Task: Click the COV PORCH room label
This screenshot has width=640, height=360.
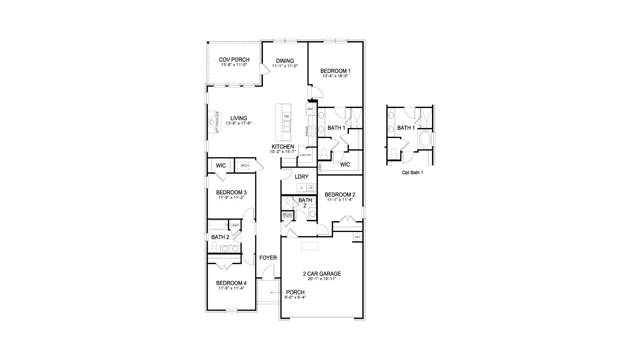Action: coord(234,60)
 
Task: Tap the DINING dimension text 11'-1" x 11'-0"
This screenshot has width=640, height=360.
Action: coord(285,66)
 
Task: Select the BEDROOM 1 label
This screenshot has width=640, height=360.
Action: coord(335,71)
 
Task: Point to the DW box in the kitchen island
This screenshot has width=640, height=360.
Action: coord(286,116)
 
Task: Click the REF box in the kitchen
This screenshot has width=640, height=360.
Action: coord(310,109)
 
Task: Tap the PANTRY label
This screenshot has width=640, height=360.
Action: coord(306,155)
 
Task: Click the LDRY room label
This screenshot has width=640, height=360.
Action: coord(301,176)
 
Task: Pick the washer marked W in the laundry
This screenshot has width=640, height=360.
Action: coord(311,188)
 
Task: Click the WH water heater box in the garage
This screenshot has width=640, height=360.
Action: coord(357,237)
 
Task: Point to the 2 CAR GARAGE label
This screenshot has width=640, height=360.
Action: coord(322,274)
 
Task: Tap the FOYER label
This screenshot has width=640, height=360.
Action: coord(268,258)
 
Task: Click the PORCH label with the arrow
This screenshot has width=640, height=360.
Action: coord(295,292)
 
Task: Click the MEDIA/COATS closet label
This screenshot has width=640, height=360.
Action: coord(287,216)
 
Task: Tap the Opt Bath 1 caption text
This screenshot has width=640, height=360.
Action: coord(412,173)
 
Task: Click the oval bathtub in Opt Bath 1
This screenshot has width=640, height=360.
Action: coord(425,140)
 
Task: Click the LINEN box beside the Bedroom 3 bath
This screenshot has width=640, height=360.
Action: coord(234,225)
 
